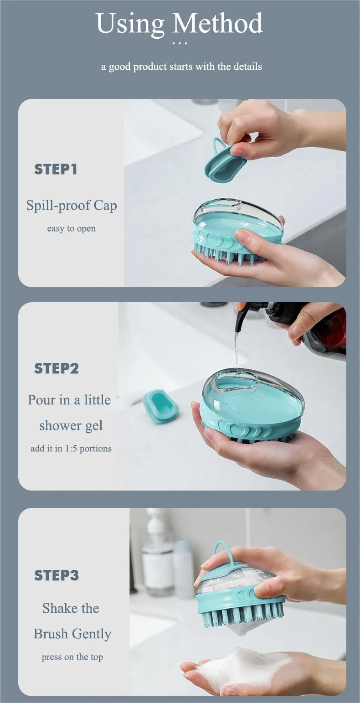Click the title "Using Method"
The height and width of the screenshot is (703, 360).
pos(180,24)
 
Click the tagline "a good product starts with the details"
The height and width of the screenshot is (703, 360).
pos(181,67)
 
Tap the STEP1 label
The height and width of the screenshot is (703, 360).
pos(56,169)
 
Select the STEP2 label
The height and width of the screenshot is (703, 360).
pos(57,368)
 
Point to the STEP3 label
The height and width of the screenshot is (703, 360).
pos(57,575)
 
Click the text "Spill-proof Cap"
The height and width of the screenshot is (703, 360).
pos(72,206)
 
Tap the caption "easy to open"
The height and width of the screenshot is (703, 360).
pos(71,228)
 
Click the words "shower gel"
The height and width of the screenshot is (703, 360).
pos(71,426)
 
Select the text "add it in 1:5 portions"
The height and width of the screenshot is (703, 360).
pos(71,449)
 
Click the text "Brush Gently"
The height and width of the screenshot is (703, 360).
pos(72,634)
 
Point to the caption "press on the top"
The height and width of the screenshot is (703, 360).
pos(72,657)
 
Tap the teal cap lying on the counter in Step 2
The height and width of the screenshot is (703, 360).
pos(160,406)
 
